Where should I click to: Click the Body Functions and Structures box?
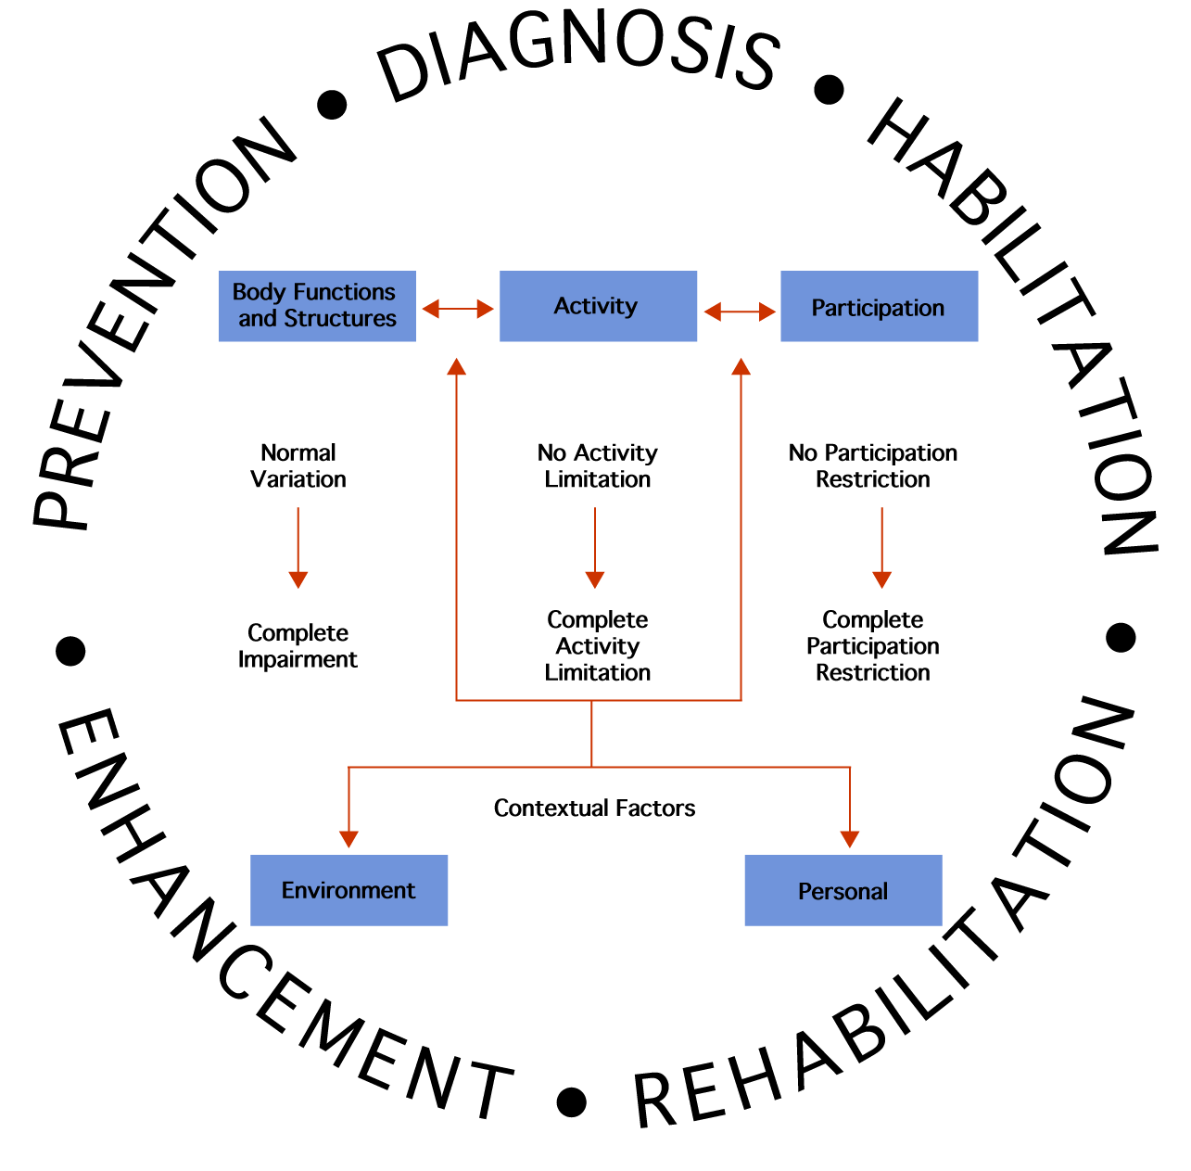click(317, 306)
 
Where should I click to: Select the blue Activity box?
click(598, 306)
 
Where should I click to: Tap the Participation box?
click(879, 307)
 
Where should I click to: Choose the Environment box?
click(348, 890)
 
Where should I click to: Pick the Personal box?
click(843, 890)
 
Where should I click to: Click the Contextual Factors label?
click(594, 808)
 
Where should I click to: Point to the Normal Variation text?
click(298, 465)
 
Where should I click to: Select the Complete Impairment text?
click(298, 645)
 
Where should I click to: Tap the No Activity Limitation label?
click(598, 465)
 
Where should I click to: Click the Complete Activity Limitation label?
click(598, 645)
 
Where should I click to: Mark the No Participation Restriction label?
click(872, 465)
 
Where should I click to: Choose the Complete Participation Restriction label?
click(872, 645)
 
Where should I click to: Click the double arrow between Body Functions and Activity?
click(458, 309)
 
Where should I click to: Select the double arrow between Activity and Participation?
click(740, 312)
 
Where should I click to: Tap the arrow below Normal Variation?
click(298, 547)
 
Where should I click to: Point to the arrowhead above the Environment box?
click(348, 838)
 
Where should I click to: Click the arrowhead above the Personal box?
click(850, 838)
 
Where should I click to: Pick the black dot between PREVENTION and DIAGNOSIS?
click(332, 105)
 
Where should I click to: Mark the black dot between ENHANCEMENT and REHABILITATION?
click(572, 1101)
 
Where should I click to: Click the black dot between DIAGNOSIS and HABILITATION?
click(829, 90)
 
